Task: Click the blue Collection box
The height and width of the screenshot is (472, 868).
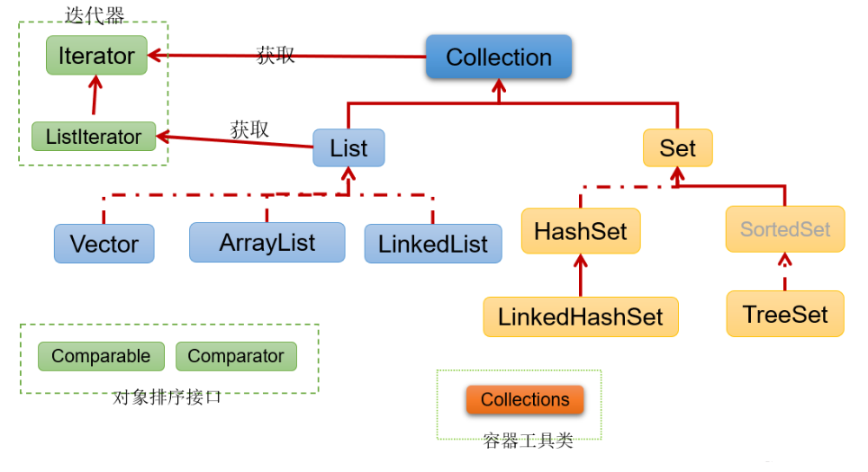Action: point(498,58)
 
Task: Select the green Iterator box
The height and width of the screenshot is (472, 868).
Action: point(96,56)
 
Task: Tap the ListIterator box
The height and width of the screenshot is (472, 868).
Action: point(94,137)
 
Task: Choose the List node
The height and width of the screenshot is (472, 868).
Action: point(348,148)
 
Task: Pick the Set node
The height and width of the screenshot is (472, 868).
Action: point(677,148)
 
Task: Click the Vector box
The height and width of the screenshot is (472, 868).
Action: point(104,244)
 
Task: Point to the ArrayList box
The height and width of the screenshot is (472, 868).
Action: point(267,243)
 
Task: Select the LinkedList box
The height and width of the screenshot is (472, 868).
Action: point(433,244)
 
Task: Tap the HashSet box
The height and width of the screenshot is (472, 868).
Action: point(580,231)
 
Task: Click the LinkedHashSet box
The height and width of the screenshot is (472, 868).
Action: point(580,316)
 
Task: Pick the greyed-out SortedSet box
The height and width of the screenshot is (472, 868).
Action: point(785,229)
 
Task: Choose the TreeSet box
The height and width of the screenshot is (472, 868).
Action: point(785,315)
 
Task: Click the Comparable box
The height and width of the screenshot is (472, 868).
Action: point(101,356)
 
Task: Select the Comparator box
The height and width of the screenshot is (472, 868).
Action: point(236,356)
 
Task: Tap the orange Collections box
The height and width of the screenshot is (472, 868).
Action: point(525,400)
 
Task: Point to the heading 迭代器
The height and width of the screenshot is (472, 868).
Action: point(95,14)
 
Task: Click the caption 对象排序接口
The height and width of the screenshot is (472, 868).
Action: point(167,397)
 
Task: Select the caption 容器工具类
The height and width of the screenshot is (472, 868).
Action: point(528,441)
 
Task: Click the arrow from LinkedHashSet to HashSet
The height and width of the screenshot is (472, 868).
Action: point(581,274)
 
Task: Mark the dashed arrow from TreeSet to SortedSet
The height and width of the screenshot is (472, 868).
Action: point(785,272)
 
